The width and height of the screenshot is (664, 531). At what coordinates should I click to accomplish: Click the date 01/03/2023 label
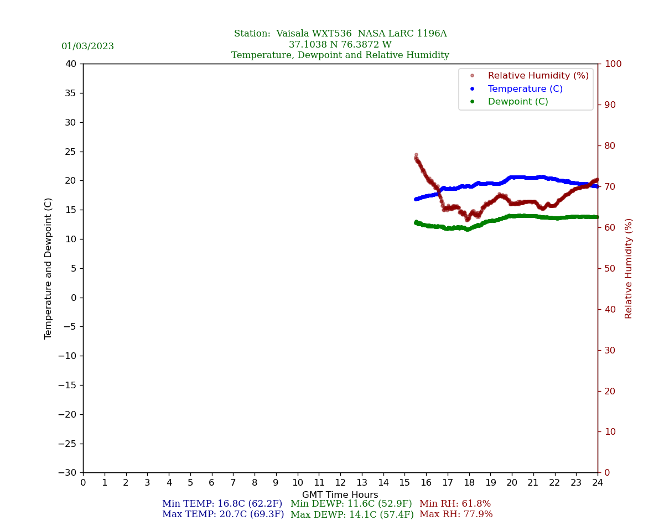click(87, 46)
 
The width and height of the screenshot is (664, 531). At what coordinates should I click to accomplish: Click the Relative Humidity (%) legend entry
click(538, 76)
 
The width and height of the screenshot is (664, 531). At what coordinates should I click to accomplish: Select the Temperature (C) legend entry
click(525, 89)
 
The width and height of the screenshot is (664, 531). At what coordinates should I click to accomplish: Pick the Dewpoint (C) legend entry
click(517, 102)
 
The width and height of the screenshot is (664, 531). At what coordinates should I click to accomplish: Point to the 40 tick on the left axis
click(71, 64)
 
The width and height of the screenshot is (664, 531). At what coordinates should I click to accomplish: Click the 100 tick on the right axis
click(613, 64)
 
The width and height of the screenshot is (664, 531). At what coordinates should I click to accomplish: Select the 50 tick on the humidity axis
click(610, 268)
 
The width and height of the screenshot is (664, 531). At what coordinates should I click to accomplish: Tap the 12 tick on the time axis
click(340, 483)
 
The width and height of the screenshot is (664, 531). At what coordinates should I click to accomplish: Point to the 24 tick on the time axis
click(598, 483)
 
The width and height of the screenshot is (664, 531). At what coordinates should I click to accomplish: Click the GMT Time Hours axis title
click(340, 495)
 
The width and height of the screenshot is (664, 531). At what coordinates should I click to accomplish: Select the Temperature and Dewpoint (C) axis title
click(49, 268)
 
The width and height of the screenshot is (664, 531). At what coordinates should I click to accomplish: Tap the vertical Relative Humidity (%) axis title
click(629, 268)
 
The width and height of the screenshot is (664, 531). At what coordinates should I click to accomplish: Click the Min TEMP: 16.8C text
click(222, 504)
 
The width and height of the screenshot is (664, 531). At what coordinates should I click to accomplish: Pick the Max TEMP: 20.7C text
click(223, 514)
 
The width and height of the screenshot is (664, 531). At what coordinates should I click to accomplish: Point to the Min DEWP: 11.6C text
click(351, 504)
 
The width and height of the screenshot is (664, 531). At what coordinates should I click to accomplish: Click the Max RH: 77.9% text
click(456, 514)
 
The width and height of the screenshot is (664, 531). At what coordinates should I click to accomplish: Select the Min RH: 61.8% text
click(455, 504)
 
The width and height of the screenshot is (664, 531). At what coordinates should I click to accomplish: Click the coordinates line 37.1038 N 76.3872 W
click(340, 45)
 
